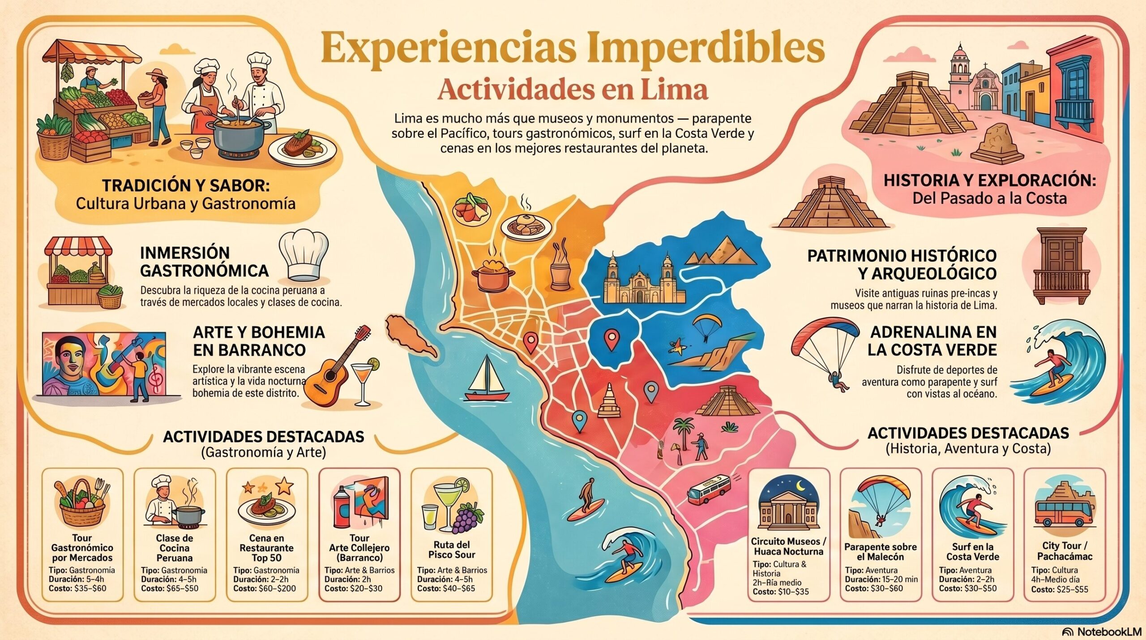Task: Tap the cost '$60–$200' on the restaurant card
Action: pos(277,588)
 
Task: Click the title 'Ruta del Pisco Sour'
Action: pos(452,550)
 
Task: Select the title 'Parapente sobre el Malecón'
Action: pos(880,552)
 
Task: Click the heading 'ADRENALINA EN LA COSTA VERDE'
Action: pos(933,340)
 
